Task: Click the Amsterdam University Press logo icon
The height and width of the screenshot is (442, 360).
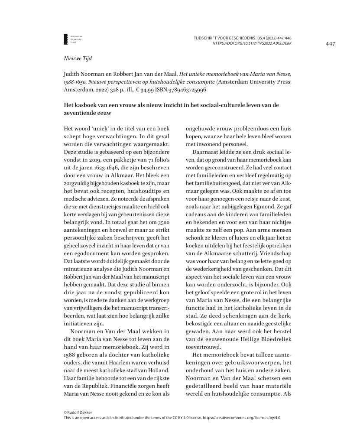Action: [x=66, y=39]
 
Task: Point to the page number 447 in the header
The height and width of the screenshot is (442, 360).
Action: [x=331, y=44]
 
